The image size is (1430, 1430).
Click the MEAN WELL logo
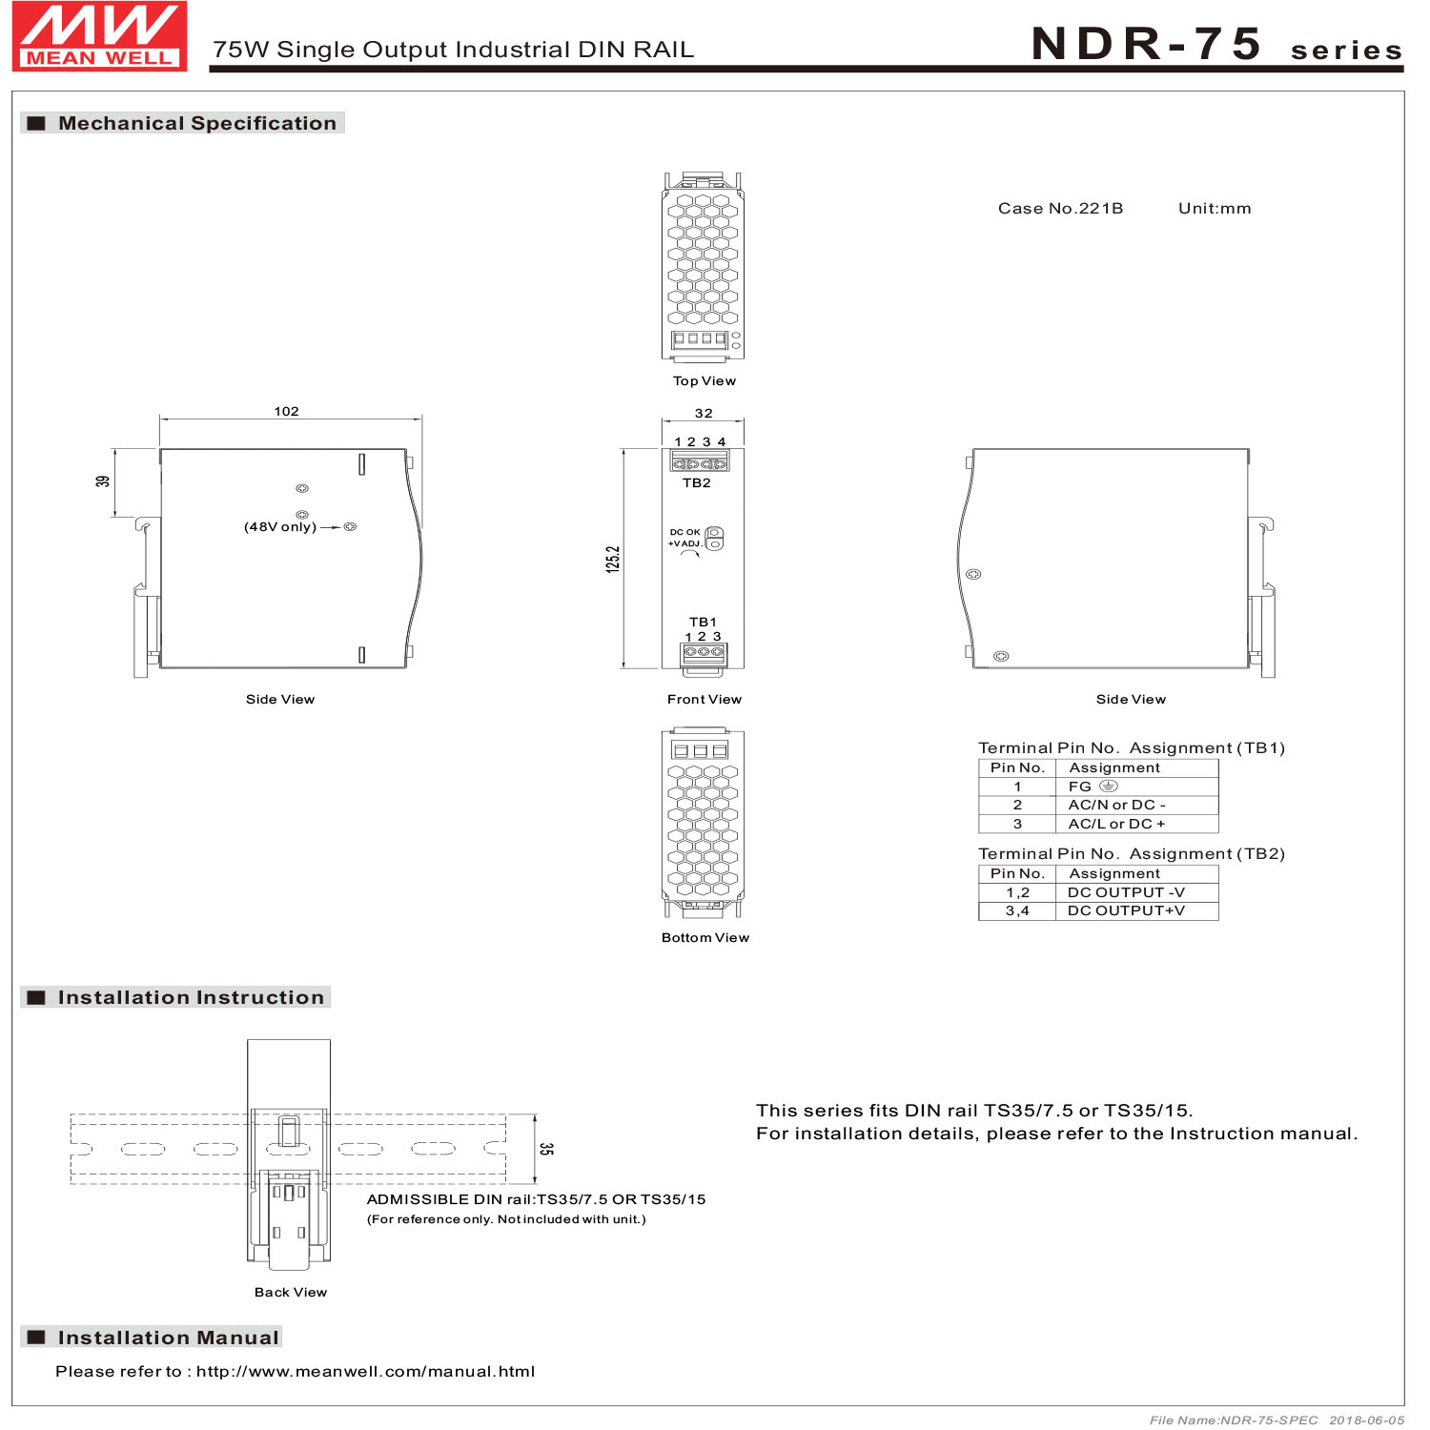(99, 36)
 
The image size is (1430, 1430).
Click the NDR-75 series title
(1215, 45)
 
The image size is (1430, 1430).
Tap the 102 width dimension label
(286, 412)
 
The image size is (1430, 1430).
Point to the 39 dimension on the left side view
(103, 481)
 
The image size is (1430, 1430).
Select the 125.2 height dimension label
(613, 559)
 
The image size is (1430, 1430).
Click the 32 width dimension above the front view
(704, 414)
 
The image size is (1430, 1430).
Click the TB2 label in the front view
(697, 483)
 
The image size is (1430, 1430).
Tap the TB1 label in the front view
(703, 622)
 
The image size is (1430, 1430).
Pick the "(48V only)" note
(280, 527)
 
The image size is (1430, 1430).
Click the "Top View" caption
(705, 381)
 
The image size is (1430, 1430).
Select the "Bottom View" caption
(705, 938)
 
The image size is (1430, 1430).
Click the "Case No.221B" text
(1060, 209)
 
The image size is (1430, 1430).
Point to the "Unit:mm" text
(1215, 209)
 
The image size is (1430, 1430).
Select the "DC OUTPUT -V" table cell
(1126, 893)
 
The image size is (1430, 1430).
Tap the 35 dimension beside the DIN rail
(545, 1149)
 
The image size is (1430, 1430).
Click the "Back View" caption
(291, 1293)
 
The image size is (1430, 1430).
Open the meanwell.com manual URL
(365, 1372)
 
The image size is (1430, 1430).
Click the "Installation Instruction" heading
(191, 998)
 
